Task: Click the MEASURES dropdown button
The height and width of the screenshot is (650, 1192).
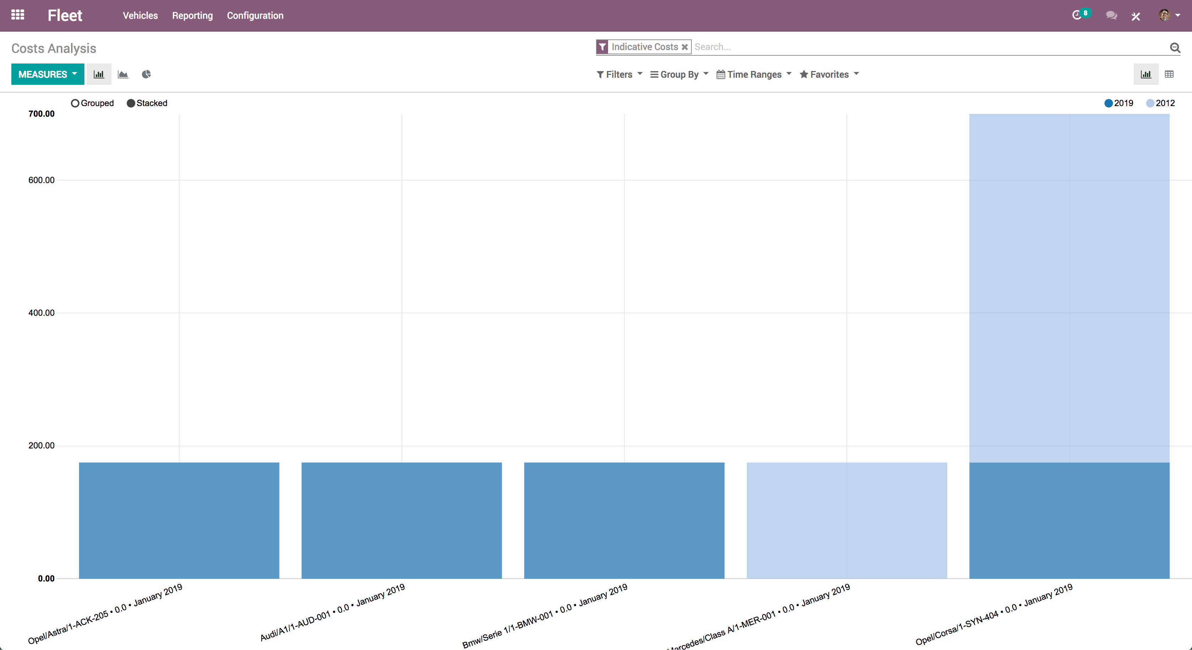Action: tap(47, 74)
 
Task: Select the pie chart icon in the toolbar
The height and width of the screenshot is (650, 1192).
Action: tap(146, 74)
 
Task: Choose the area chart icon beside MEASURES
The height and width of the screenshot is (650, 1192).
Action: tap(123, 74)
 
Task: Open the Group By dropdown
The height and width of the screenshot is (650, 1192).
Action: tap(679, 74)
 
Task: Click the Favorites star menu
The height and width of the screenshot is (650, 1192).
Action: tap(829, 74)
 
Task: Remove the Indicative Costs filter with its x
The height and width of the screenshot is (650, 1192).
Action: tap(684, 47)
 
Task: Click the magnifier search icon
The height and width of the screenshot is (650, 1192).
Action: tap(1174, 47)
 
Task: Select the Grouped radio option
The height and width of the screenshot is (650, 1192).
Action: tap(75, 103)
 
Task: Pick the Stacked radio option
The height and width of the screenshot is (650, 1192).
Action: tap(131, 103)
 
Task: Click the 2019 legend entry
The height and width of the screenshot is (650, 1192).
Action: tap(1119, 103)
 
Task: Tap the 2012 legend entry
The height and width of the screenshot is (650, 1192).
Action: tap(1160, 103)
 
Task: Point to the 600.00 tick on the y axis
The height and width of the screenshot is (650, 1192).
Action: tap(42, 180)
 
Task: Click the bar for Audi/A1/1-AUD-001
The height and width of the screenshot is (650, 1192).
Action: tap(401, 520)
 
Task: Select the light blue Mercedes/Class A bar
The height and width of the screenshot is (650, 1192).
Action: tap(846, 520)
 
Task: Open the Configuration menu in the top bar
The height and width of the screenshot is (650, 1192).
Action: tap(255, 16)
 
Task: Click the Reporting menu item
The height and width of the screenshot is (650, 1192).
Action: tap(192, 16)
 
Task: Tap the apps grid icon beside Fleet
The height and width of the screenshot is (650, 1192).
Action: tap(18, 15)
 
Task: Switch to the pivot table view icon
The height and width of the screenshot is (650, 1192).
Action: tap(1169, 74)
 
